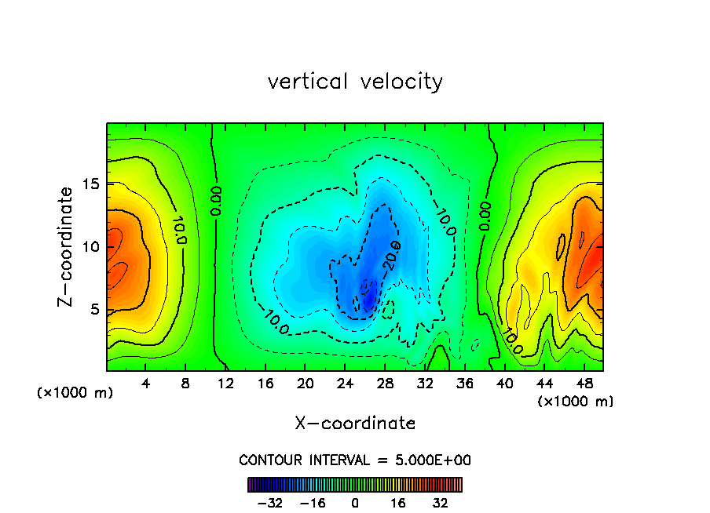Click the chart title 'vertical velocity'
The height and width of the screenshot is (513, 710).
(355, 82)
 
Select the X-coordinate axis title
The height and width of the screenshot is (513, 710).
(355, 424)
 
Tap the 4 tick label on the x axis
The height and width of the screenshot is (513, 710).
(145, 384)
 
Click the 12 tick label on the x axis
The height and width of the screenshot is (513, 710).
(225, 384)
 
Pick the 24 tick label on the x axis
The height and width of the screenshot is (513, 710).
(345, 384)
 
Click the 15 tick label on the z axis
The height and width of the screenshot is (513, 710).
(91, 184)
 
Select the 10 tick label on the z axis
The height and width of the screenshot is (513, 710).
(91, 246)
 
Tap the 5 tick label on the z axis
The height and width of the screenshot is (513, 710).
(95, 309)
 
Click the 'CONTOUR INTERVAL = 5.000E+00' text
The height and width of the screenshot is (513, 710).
(355, 460)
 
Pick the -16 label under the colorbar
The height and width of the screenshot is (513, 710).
(313, 503)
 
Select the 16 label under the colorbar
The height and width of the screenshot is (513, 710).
(398, 503)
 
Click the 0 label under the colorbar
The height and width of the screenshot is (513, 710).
(355, 503)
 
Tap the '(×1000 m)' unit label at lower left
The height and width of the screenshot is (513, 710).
(75, 393)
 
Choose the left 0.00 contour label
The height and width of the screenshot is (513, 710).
(216, 201)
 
